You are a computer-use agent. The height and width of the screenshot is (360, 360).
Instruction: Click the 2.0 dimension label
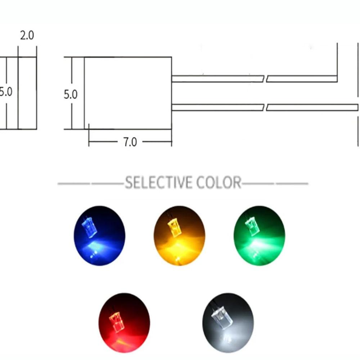coord(27,35)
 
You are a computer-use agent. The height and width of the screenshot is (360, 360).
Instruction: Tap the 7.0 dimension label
coord(130,142)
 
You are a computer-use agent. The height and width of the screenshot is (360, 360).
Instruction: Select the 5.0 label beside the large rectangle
coord(71,94)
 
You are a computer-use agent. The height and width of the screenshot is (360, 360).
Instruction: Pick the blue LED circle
coord(99,235)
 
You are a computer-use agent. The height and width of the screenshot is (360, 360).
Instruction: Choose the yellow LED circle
coord(179,235)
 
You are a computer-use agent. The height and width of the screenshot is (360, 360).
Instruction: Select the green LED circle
coord(259,235)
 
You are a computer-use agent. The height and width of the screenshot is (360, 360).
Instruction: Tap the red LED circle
coord(124,323)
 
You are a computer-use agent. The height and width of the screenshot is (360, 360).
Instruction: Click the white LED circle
coord(228,323)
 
